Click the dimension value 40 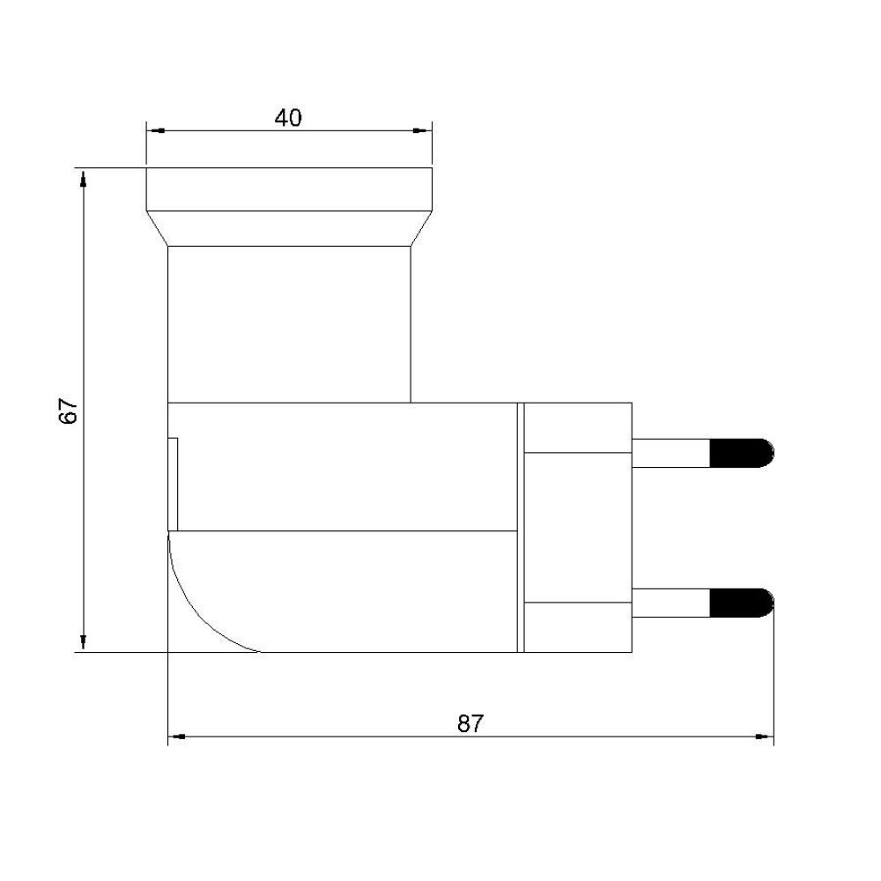pos(288,117)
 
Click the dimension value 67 pos(69,411)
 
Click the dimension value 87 pos(470,723)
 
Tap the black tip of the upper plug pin pos(742,453)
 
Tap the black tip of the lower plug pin pos(742,603)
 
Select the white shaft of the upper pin pos(670,453)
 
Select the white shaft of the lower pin pos(670,603)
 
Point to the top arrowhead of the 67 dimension pos(83,178)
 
